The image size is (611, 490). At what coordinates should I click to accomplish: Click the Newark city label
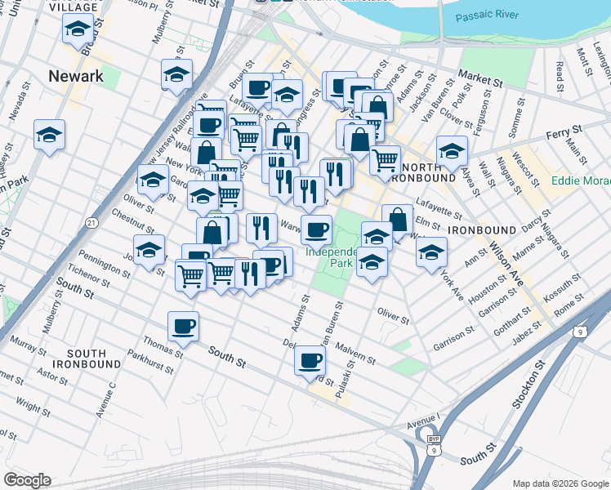point(76,76)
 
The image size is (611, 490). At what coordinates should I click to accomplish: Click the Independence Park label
point(332,257)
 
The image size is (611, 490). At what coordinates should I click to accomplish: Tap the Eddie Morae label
point(581,180)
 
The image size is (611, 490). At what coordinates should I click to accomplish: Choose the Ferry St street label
point(564,130)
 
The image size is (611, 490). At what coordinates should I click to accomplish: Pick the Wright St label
point(33,403)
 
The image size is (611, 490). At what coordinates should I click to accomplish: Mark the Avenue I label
point(423,420)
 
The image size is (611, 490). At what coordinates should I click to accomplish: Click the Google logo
point(27,480)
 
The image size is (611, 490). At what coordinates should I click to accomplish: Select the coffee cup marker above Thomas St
point(182,327)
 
